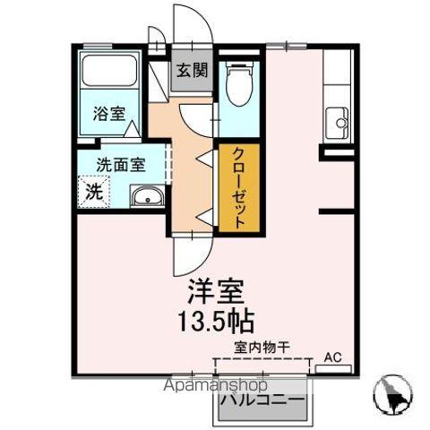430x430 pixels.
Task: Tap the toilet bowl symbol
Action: tap(237, 86)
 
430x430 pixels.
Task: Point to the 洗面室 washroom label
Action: tap(121, 164)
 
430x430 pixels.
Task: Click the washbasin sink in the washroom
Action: tap(146, 197)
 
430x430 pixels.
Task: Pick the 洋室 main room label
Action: tap(215, 291)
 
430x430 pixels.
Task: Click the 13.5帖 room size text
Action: tap(215, 320)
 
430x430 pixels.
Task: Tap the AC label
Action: tap(332, 357)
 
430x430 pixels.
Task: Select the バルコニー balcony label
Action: tap(263, 400)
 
